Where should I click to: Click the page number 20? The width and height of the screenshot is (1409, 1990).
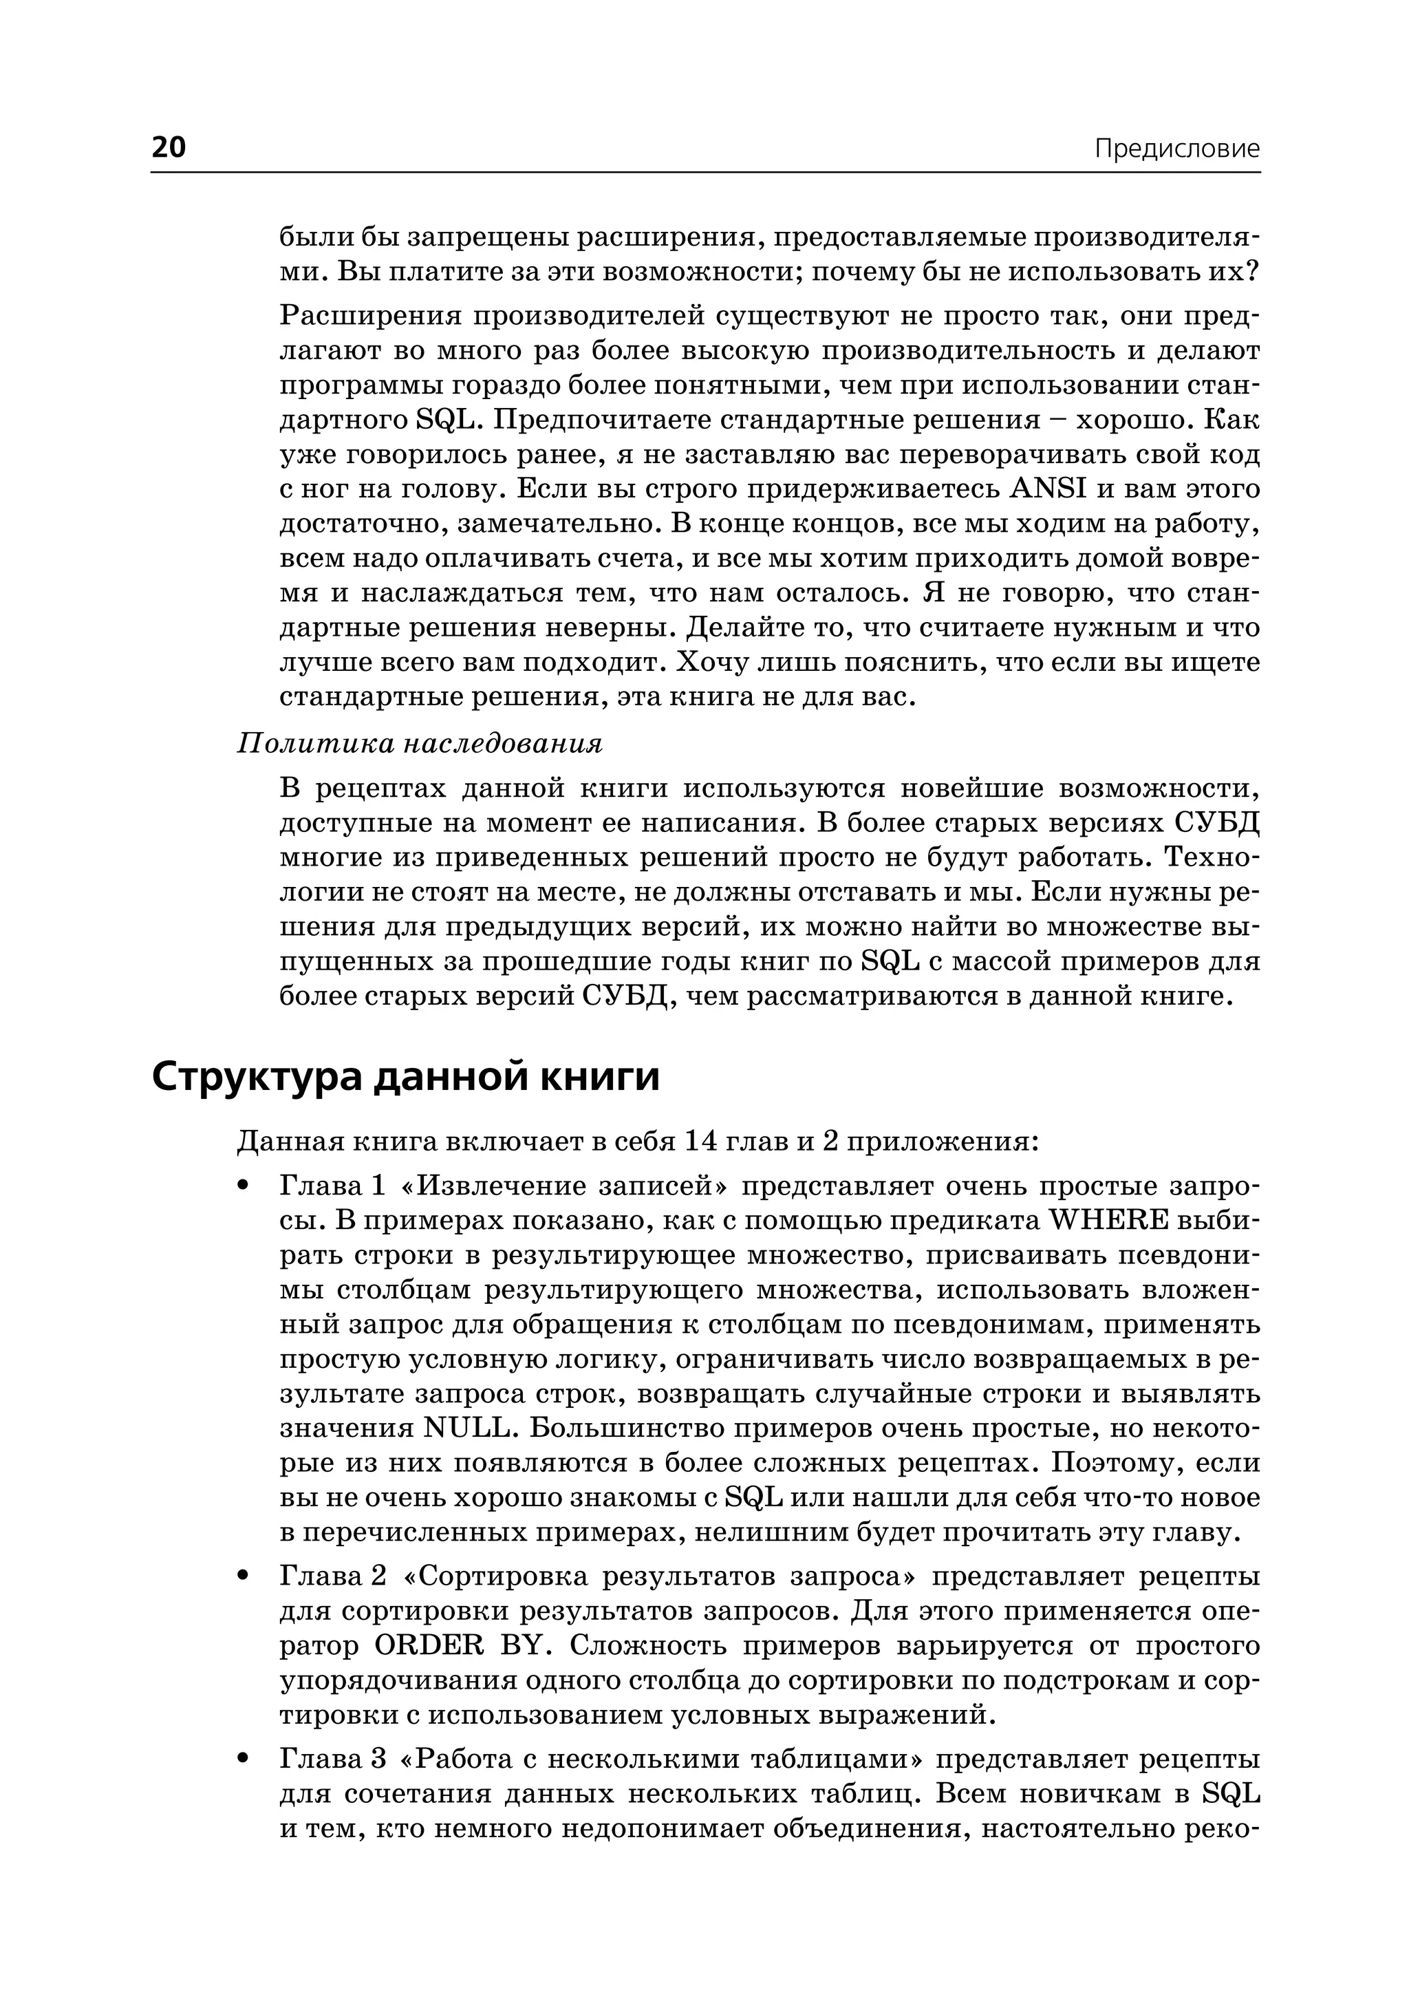pos(169,147)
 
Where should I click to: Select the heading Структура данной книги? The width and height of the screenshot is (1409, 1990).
pos(405,1077)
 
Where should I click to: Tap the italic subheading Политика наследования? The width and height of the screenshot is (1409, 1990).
pos(419,744)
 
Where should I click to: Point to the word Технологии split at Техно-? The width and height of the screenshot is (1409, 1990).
pos(1209,857)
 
